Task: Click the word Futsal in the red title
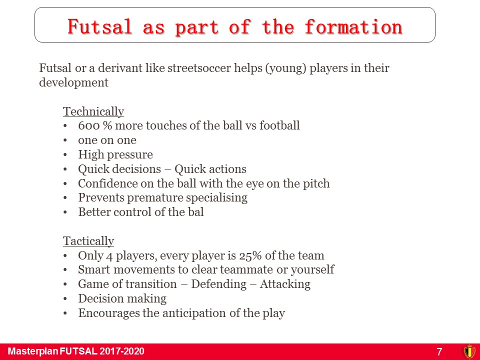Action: (100, 26)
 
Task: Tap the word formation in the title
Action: (353, 26)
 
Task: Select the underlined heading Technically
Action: (93, 111)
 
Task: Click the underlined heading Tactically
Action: (88, 241)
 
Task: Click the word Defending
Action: (219, 284)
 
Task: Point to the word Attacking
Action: (285, 284)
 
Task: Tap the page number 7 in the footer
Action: (439, 351)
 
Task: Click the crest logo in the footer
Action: (469, 351)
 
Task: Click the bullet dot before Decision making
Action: (65, 299)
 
